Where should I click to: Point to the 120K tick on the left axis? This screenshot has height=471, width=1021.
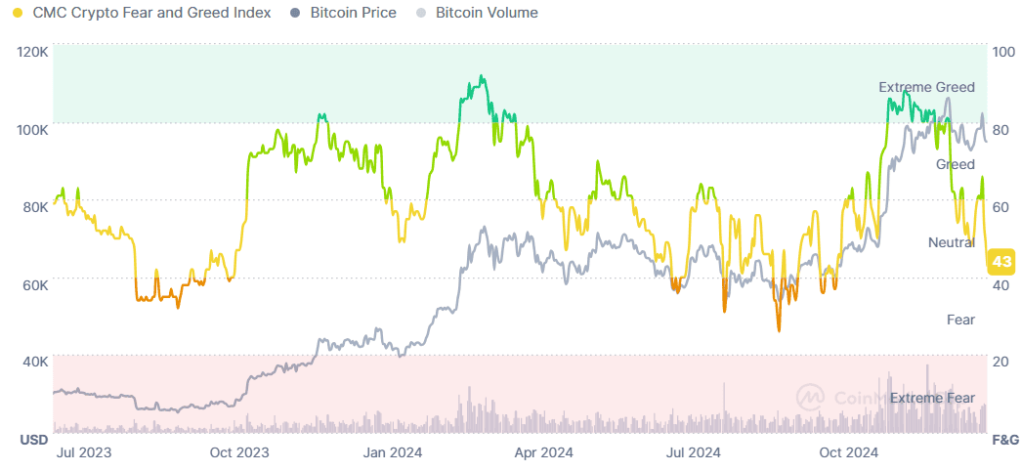click(x=33, y=52)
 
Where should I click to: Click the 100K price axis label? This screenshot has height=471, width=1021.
click(x=33, y=129)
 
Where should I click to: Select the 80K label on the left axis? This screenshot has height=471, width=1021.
click(x=35, y=206)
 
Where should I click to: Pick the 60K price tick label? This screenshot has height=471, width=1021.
click(x=35, y=284)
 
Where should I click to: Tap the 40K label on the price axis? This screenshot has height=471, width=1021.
click(x=35, y=362)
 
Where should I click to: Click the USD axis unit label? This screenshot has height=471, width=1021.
click(x=34, y=440)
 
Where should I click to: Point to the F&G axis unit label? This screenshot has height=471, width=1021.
click(x=1005, y=440)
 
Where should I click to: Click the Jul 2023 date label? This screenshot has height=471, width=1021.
click(x=84, y=452)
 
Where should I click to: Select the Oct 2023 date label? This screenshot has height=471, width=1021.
click(x=239, y=452)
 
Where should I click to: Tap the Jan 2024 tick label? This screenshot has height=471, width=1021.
click(x=393, y=452)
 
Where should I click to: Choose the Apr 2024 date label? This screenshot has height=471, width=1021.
click(x=543, y=452)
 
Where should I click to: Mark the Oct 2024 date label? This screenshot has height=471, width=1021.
click(x=849, y=452)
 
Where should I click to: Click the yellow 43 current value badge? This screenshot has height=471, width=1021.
click(x=1000, y=262)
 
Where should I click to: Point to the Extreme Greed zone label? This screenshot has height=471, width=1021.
click(x=926, y=87)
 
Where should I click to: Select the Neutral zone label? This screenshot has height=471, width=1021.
click(x=951, y=241)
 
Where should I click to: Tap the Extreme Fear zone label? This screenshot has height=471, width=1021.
click(x=932, y=398)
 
